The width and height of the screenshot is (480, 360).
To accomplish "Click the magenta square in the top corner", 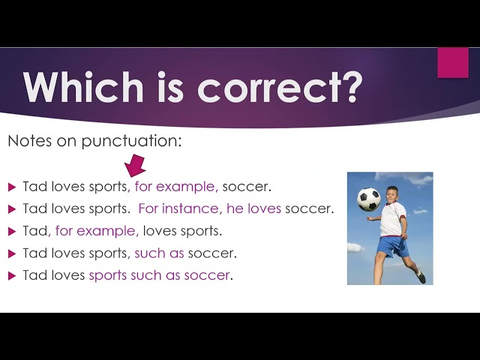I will point(452,63).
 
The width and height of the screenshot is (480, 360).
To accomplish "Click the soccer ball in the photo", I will point(368,199).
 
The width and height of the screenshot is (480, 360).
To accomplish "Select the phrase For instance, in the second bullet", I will point(180,208).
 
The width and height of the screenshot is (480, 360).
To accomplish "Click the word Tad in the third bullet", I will point(35,231).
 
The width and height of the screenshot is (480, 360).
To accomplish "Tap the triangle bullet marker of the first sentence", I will point(12,187).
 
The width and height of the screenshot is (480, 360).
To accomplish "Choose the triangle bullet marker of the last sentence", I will point(12,276).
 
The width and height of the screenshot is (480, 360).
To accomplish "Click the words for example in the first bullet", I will point(175,187).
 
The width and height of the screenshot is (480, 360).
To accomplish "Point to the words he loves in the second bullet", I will point(253,208).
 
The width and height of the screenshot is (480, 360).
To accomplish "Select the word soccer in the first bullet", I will point(245,187).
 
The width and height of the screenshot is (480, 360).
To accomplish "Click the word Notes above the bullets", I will point(25,140).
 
